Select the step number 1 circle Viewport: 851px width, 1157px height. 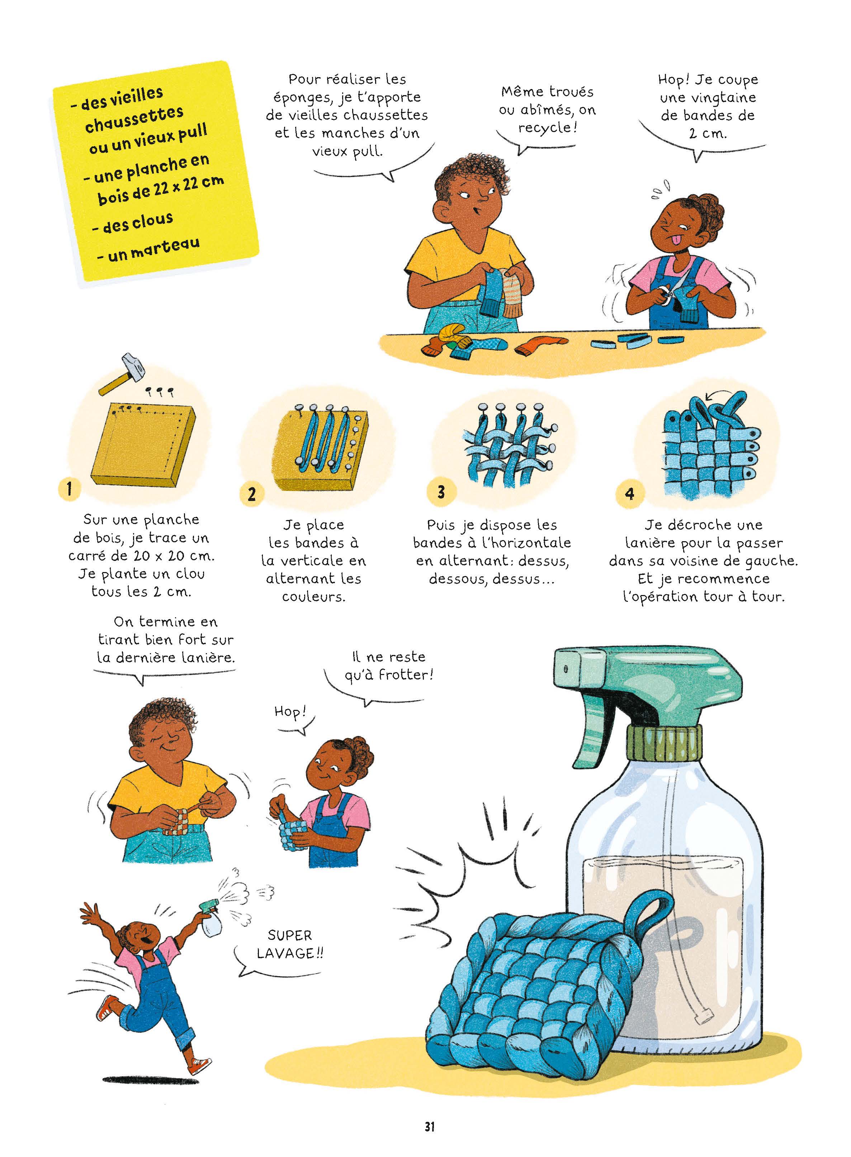[69, 488]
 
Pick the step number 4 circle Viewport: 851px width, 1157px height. [629, 494]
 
